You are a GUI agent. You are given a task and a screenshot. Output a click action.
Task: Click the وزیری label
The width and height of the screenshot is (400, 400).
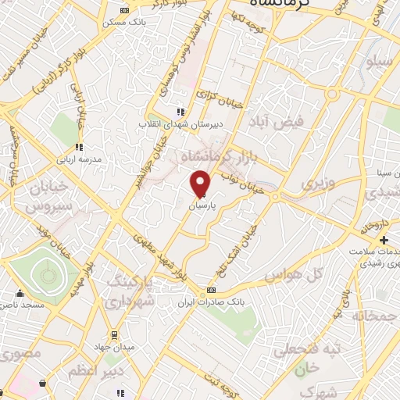[319, 184]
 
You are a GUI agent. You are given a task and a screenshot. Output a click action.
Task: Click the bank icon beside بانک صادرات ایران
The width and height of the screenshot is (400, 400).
[210, 291]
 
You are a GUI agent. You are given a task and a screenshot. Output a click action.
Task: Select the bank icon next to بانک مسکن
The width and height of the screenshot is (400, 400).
[126, 10]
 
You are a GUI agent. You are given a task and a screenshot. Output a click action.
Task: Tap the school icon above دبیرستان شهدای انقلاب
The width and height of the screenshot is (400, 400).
[181, 112]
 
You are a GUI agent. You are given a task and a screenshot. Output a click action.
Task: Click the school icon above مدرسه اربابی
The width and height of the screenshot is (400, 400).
[78, 146]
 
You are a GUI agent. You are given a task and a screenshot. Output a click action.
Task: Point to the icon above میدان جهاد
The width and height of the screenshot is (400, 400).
[115, 334]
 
